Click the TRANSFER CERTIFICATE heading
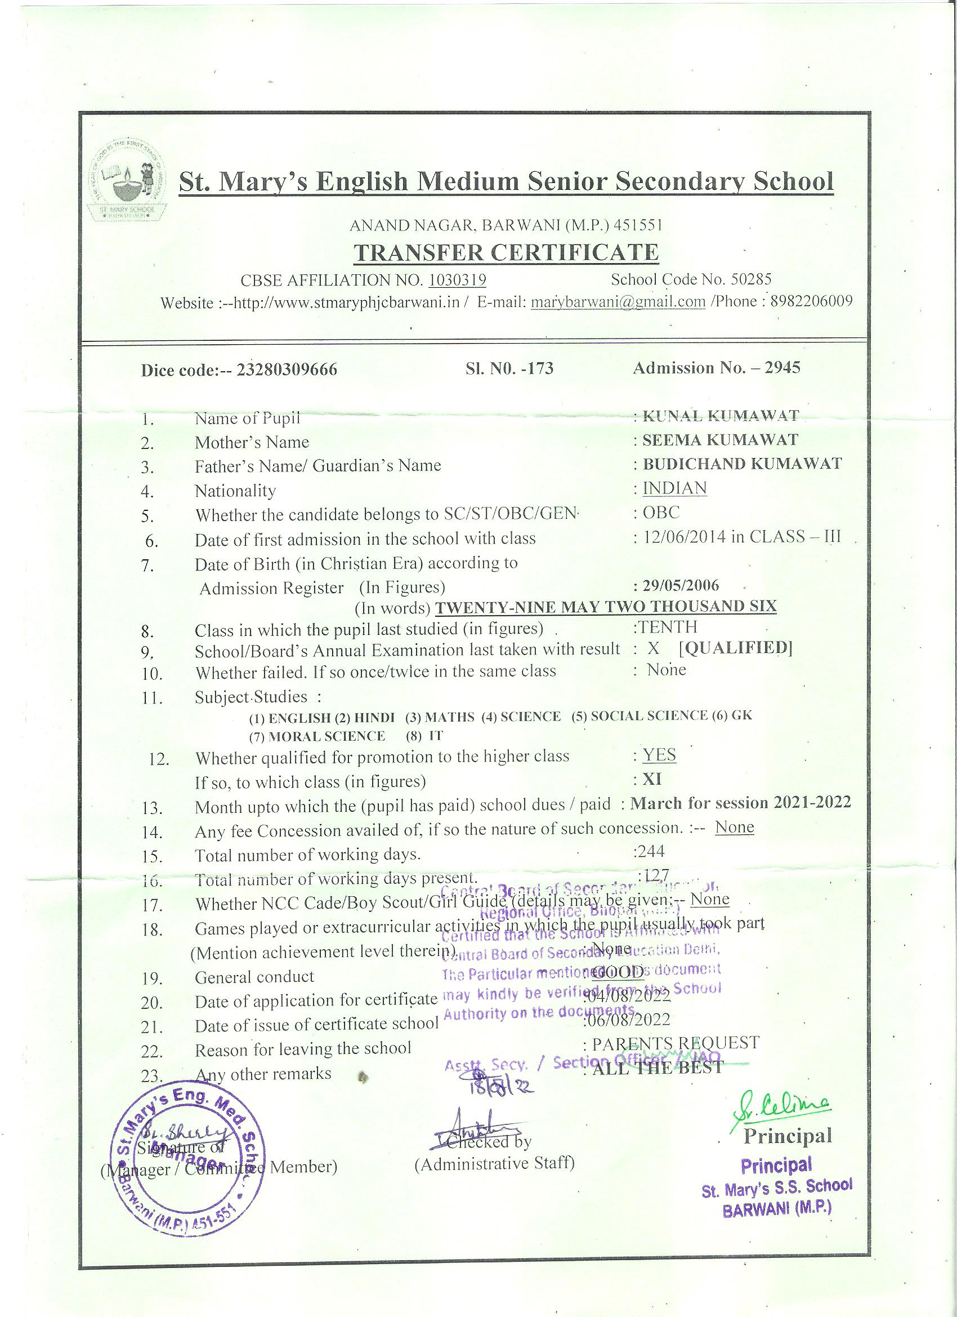506,252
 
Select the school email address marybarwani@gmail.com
618,302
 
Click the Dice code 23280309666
287,370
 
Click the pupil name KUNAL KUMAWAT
720,416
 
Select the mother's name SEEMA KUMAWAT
720,440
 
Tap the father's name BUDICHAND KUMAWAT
742,464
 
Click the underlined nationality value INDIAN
674,488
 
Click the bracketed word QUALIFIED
735,647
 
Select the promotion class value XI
652,778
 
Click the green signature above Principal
783,1111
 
